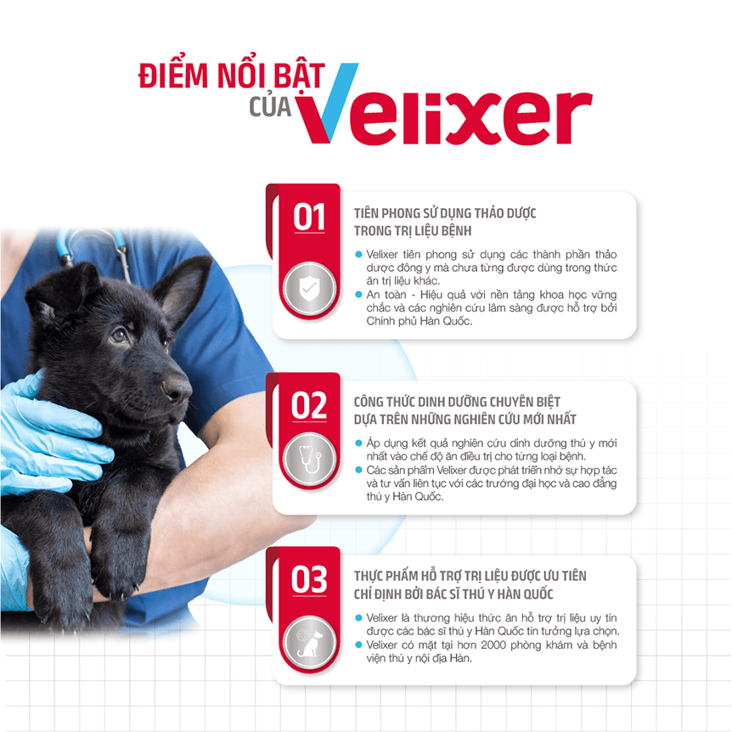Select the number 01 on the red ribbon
(309, 217)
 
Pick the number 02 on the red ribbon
(309, 406)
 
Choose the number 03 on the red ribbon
(309, 580)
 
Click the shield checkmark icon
(308, 288)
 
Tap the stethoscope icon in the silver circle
(309, 459)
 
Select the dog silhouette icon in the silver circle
(309, 642)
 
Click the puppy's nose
(176, 386)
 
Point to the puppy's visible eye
(119, 334)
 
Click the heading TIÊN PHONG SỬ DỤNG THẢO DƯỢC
(445, 213)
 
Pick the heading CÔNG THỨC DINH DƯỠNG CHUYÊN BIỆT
(457, 402)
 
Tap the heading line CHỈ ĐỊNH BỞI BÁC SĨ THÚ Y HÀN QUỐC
(453, 594)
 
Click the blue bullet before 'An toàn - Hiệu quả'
(358, 294)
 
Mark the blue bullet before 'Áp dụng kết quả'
(358, 442)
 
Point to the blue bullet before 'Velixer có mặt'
(358, 645)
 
